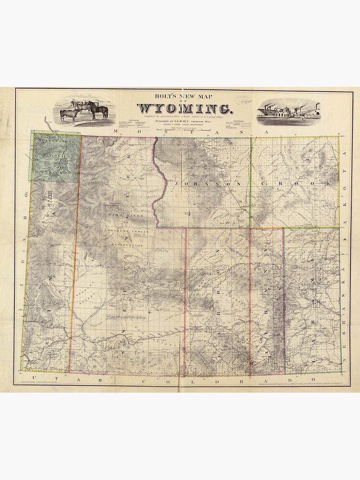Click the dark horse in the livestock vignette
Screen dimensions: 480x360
[x=98, y=111]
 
